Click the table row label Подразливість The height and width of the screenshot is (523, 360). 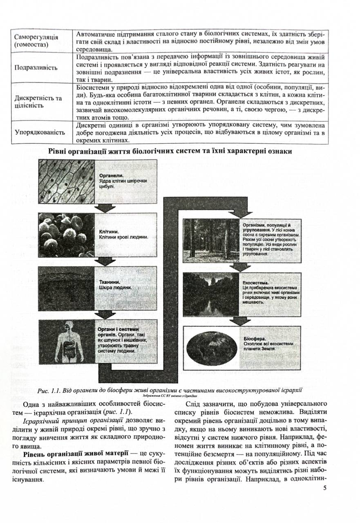[36, 67]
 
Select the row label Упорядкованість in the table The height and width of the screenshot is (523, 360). [40, 132]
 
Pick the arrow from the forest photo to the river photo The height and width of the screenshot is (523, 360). [240, 266]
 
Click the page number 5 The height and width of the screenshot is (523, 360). [324, 488]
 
